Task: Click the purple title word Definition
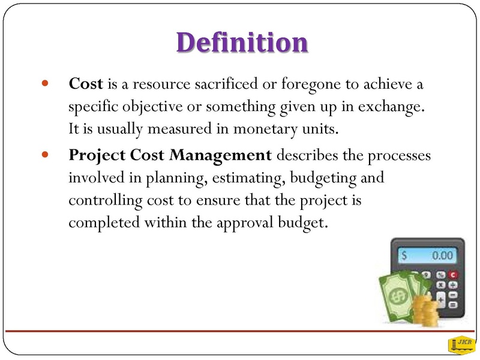click(x=242, y=42)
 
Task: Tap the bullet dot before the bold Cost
click(x=45, y=83)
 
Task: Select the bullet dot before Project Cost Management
click(x=45, y=154)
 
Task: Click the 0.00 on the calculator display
click(x=442, y=256)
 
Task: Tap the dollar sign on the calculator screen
click(x=404, y=256)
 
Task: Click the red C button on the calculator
click(x=453, y=275)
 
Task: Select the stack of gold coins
click(x=425, y=310)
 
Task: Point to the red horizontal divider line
click(x=239, y=331)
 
